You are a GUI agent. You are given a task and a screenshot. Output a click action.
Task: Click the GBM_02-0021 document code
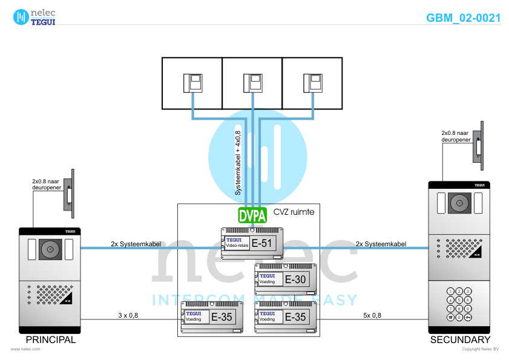463,18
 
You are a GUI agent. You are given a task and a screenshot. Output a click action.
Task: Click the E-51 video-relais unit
252,244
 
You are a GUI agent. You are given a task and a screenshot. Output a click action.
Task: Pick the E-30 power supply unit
286,279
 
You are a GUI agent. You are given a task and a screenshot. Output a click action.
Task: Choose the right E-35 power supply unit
286,316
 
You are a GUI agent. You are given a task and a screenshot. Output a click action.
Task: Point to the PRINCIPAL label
51,340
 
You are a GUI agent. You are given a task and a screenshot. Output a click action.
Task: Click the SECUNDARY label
460,340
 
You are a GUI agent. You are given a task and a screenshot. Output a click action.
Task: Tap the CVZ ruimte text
294,212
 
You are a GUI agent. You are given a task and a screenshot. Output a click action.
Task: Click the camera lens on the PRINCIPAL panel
51,249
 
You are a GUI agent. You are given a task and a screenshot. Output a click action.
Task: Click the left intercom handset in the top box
192,82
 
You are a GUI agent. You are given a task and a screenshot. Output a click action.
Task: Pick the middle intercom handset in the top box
252,82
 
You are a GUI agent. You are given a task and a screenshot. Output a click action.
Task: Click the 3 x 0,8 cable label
128,315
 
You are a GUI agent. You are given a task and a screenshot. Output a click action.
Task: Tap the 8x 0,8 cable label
372,315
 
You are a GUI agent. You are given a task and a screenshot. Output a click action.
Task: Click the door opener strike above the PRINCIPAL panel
71,194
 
